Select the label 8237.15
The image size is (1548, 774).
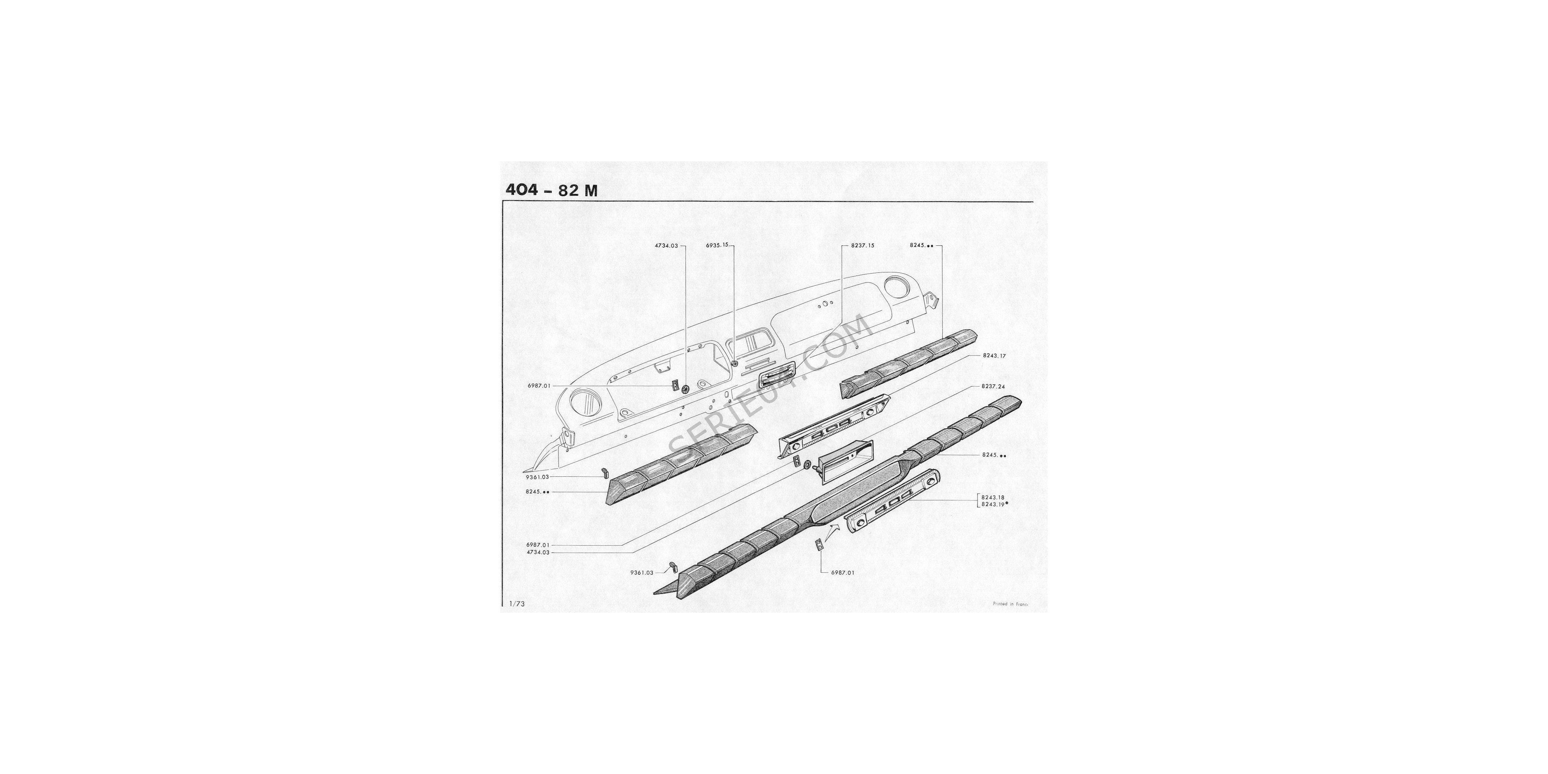(x=862, y=246)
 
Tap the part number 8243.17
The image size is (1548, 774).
(x=994, y=356)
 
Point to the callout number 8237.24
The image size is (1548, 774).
(x=993, y=386)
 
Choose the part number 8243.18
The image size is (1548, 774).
(x=993, y=498)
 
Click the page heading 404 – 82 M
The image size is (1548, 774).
(x=551, y=190)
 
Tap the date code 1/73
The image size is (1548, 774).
(x=517, y=604)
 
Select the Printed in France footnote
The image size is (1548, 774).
(x=1011, y=604)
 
